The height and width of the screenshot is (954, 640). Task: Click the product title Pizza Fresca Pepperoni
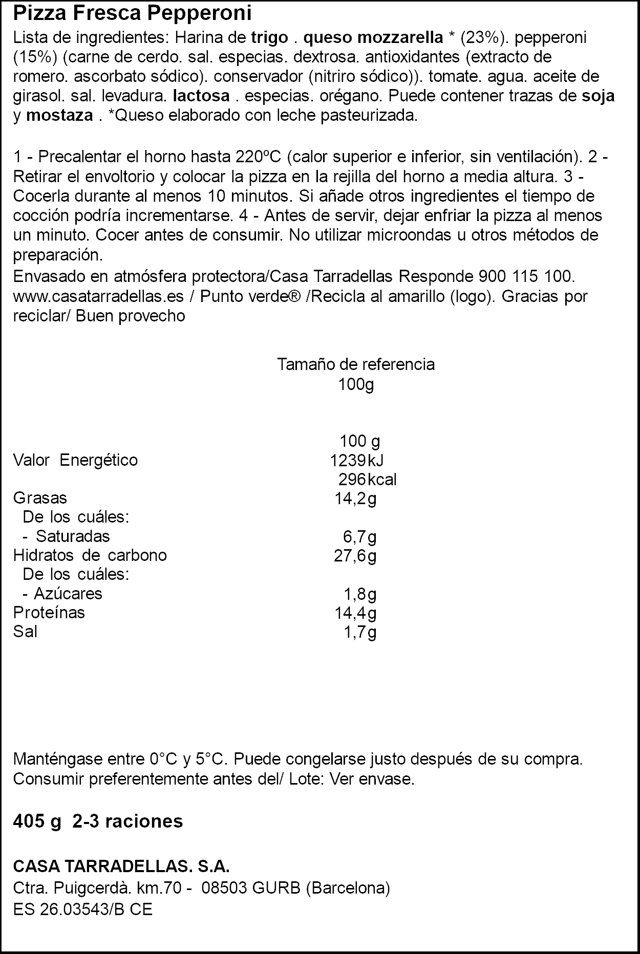[x=132, y=14]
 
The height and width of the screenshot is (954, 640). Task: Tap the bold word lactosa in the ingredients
[x=201, y=96]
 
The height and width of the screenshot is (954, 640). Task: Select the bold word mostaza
[x=59, y=116]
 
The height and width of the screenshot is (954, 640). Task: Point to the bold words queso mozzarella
[x=373, y=37]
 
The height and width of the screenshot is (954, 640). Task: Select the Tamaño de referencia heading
[x=356, y=364]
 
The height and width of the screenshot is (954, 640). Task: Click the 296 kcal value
[x=367, y=480]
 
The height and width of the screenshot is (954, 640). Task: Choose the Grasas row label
[x=40, y=498]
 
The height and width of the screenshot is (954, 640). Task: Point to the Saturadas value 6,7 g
[x=360, y=536]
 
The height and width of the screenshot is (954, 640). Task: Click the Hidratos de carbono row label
[x=90, y=555]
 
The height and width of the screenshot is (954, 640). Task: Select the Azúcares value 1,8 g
[x=360, y=594]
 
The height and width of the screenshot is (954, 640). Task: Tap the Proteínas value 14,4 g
[x=355, y=613]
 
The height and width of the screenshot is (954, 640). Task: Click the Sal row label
[x=25, y=632]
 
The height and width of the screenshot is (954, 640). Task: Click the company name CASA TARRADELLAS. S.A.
[x=121, y=867]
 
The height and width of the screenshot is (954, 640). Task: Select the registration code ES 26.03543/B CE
[x=82, y=909]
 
